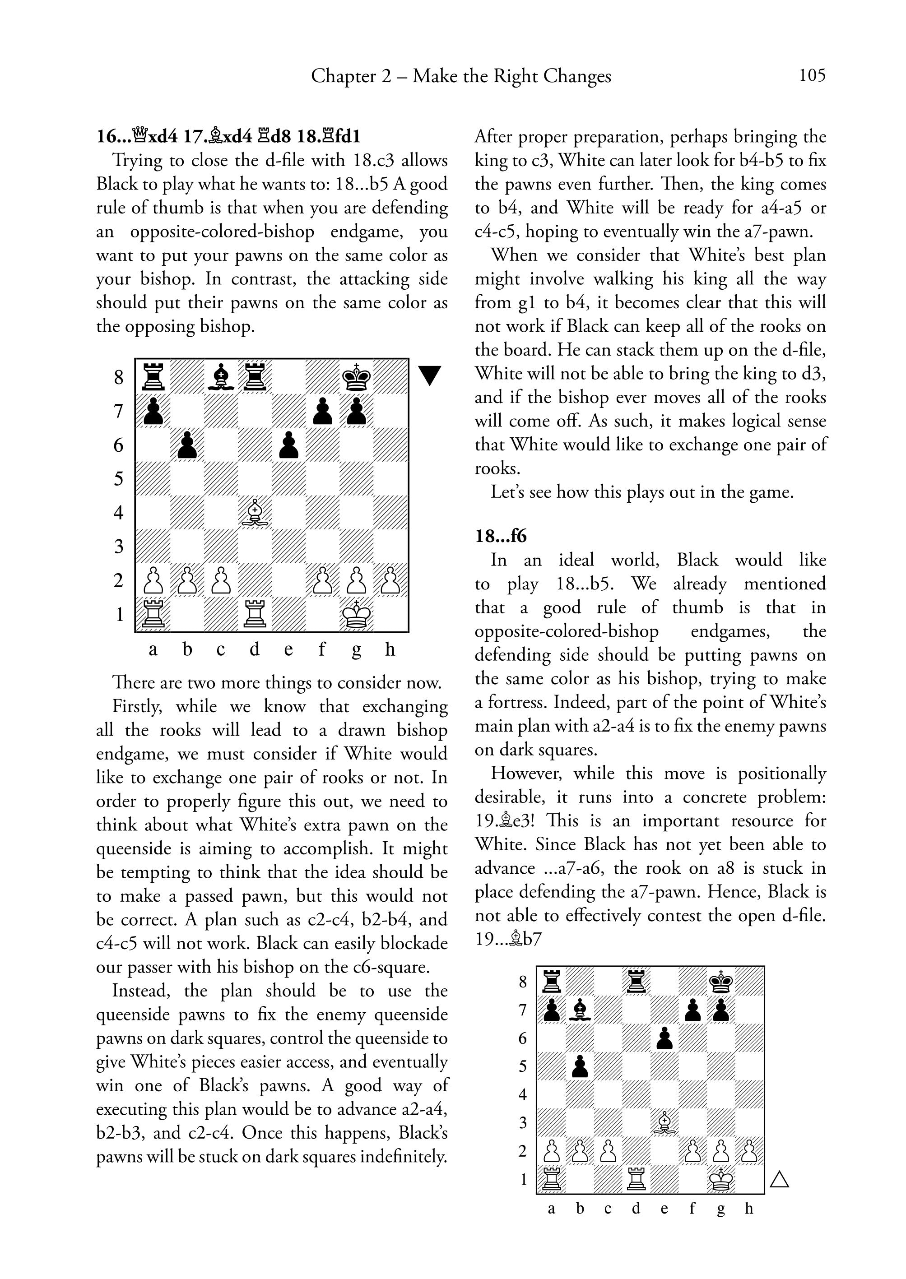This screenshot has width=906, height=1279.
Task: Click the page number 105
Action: (812, 75)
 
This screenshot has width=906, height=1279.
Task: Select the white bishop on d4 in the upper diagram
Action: (255, 512)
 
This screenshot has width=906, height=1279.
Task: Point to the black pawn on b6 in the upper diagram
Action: (187, 445)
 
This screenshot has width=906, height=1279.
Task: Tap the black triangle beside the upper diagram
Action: (430, 375)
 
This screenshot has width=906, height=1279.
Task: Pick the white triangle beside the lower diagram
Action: (779, 1180)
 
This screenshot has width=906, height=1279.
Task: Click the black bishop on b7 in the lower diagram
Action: (580, 1010)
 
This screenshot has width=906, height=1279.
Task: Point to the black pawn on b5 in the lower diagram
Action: (580, 1066)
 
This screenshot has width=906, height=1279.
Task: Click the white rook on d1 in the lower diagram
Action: (636, 1179)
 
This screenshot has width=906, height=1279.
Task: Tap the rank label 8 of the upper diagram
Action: (118, 378)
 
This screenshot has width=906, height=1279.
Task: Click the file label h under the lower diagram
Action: (748, 1209)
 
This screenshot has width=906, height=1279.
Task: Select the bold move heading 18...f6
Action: (501, 536)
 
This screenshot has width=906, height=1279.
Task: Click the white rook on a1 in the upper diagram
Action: (153, 614)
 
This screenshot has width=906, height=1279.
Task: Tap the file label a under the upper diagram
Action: (153, 650)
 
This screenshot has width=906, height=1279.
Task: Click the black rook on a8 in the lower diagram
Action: (552, 981)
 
